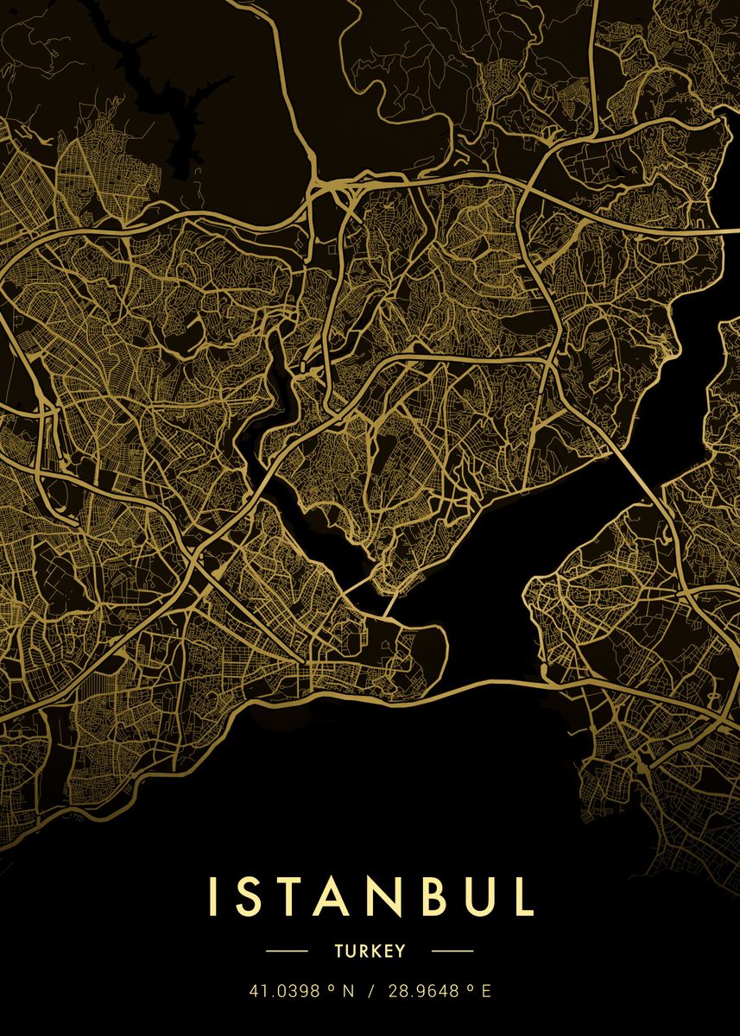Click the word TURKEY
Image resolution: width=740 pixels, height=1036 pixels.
pos(370,951)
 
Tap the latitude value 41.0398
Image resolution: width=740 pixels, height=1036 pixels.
pos(282,992)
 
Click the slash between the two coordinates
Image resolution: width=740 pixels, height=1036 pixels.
pos(371,992)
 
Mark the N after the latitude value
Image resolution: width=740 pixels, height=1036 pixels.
pos(349,992)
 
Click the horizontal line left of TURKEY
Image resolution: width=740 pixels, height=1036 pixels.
pos(287,951)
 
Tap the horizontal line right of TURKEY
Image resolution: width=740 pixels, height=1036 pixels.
pos(452,951)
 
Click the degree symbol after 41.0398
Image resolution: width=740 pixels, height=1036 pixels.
pos(331,989)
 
